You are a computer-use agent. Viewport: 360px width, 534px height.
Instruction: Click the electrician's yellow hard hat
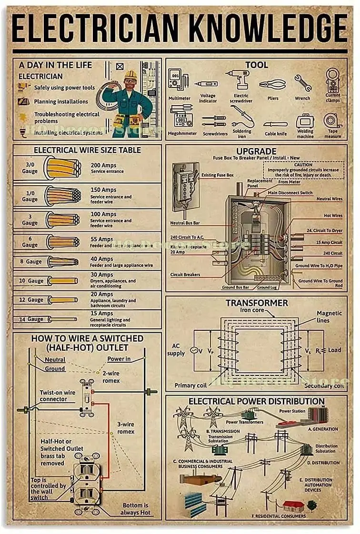coord(130,75)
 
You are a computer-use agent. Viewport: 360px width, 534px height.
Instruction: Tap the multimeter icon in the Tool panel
coord(175,80)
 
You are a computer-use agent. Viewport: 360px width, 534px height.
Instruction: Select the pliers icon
coord(273,84)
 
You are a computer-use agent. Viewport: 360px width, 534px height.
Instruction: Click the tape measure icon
coord(332,121)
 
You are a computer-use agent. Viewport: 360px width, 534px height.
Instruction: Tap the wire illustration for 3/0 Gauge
coord(62,168)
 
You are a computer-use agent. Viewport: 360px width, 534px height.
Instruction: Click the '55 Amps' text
coord(101,239)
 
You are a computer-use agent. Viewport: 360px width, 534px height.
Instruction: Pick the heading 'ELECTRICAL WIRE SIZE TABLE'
coord(87,150)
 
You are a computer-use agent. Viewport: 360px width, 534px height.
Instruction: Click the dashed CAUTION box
coord(303,169)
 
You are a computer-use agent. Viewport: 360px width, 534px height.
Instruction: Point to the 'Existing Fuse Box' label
coord(218,175)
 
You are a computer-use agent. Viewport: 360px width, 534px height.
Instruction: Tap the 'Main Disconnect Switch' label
coord(290,193)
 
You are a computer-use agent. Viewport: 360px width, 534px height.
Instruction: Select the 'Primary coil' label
coord(191,385)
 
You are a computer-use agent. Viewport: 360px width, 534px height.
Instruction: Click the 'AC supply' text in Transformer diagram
coord(176,350)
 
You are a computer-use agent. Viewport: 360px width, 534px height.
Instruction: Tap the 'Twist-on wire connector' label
coord(57,396)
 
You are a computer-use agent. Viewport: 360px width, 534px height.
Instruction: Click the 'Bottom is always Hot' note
coord(136,508)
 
